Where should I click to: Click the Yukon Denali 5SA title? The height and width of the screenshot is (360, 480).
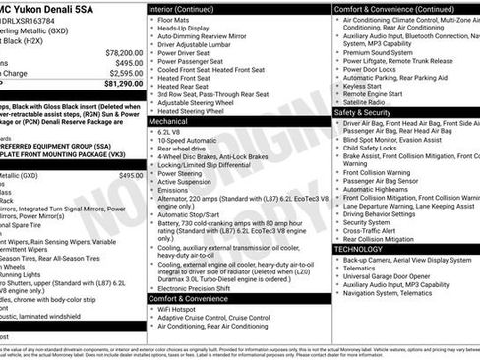(x=59, y=8)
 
